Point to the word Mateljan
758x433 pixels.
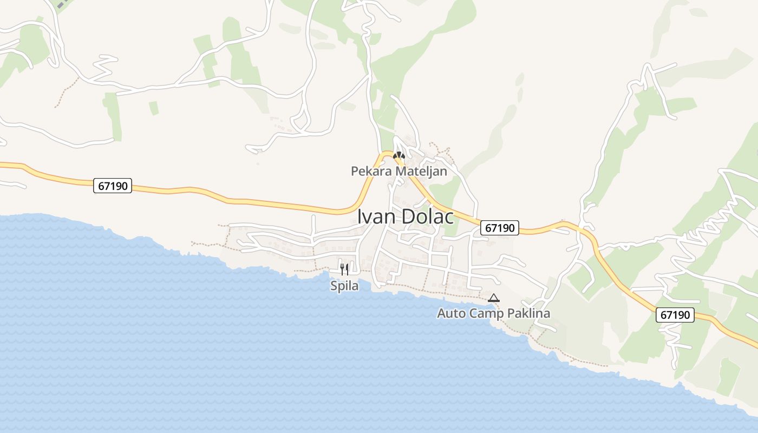point(420,172)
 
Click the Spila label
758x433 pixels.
point(344,286)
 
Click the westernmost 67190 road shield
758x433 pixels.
point(113,186)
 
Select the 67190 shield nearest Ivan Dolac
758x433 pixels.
point(500,228)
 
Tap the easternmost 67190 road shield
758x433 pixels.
point(675,315)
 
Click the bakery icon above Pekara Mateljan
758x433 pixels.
point(399,155)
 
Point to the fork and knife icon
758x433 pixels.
point(344,269)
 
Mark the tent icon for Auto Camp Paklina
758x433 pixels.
point(493,298)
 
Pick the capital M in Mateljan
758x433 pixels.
point(399,172)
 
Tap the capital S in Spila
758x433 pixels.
point(334,286)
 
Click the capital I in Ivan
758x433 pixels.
point(360,216)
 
